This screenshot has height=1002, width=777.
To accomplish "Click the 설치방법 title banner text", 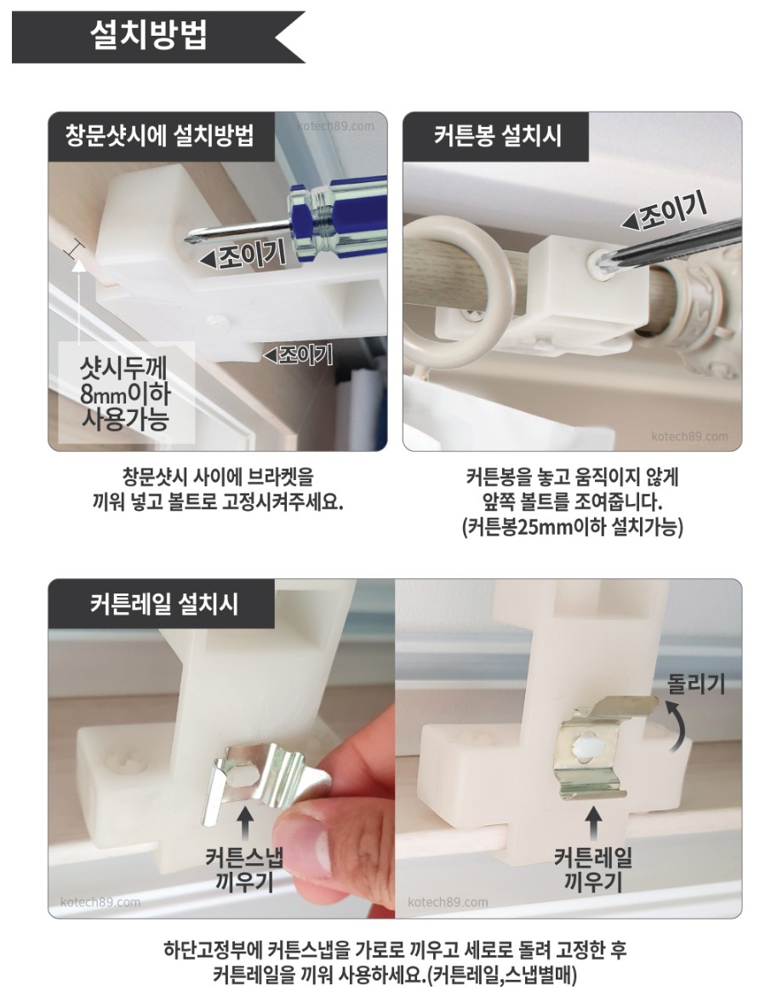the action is [x=148, y=35].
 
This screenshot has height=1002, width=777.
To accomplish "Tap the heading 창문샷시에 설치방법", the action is [x=160, y=136].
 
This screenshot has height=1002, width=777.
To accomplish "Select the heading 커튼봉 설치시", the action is [x=498, y=136].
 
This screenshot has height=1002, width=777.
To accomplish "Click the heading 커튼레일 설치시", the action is [x=164, y=604].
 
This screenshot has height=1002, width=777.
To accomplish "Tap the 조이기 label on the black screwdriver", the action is [x=665, y=214].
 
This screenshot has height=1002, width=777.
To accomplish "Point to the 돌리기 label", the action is [x=696, y=684].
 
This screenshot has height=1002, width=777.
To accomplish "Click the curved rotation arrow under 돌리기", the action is [x=677, y=725].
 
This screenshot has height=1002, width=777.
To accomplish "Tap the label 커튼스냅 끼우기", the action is [x=245, y=869].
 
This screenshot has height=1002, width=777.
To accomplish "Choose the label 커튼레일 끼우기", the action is [x=593, y=869].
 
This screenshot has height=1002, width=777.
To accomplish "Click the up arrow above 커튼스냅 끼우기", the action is [x=245, y=822].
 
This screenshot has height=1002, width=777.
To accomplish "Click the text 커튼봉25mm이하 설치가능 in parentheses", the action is [x=573, y=527].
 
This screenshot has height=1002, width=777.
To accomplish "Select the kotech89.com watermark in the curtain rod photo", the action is [x=689, y=437].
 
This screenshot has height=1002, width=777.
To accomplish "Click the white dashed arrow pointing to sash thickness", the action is [x=78, y=301].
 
